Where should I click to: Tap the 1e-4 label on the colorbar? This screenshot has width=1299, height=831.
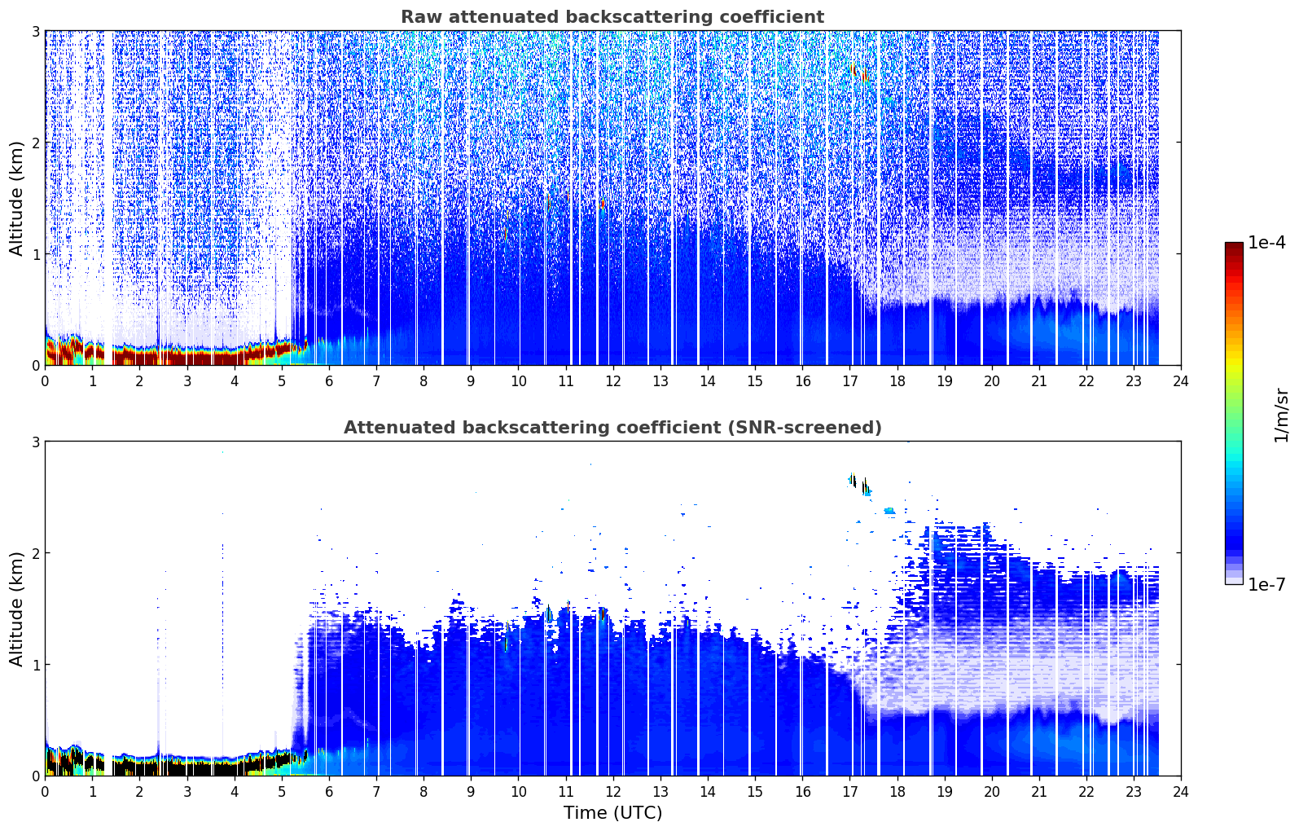(1266, 243)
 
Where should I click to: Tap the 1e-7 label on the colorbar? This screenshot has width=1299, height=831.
(1266, 584)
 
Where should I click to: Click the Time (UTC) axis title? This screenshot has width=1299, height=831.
(612, 812)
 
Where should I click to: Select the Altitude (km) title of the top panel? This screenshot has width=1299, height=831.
(16, 199)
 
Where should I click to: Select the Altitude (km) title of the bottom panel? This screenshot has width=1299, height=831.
(16, 609)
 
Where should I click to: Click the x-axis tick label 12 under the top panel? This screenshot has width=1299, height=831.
(613, 381)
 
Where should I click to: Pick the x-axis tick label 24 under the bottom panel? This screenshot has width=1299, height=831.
(1181, 792)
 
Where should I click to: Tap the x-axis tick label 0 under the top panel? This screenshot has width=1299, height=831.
(46, 381)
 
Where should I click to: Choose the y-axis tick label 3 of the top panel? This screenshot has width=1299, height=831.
(35, 31)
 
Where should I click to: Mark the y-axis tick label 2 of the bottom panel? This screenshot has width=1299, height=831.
(35, 553)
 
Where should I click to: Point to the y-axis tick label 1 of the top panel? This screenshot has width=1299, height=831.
(35, 254)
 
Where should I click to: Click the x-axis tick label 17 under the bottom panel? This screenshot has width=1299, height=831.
(849, 792)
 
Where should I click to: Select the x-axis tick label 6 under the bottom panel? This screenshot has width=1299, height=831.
(329, 792)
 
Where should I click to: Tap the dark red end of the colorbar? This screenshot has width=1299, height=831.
(1234, 246)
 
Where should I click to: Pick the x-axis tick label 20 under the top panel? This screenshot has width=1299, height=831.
(992, 381)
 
